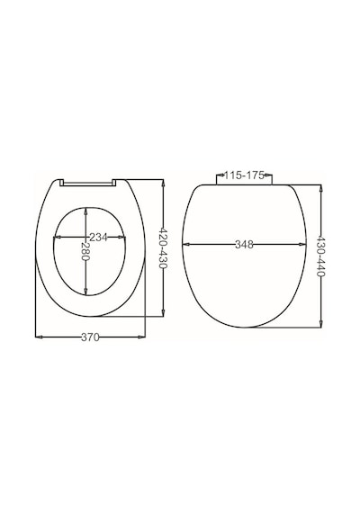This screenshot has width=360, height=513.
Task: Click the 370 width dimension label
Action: pos(90,337)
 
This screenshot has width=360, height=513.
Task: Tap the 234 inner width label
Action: pos(98,238)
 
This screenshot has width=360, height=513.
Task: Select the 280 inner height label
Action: pos(85,251)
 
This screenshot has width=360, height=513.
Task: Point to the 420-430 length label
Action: pos(163,248)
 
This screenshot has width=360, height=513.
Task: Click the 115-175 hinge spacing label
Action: pos(244,175)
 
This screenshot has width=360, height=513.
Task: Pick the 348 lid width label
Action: pos(244,245)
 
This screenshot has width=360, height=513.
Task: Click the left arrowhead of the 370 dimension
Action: pos(39,337)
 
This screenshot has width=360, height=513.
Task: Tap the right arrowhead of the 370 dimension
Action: pos(141,337)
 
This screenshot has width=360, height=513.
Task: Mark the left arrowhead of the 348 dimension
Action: pos(186,244)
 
